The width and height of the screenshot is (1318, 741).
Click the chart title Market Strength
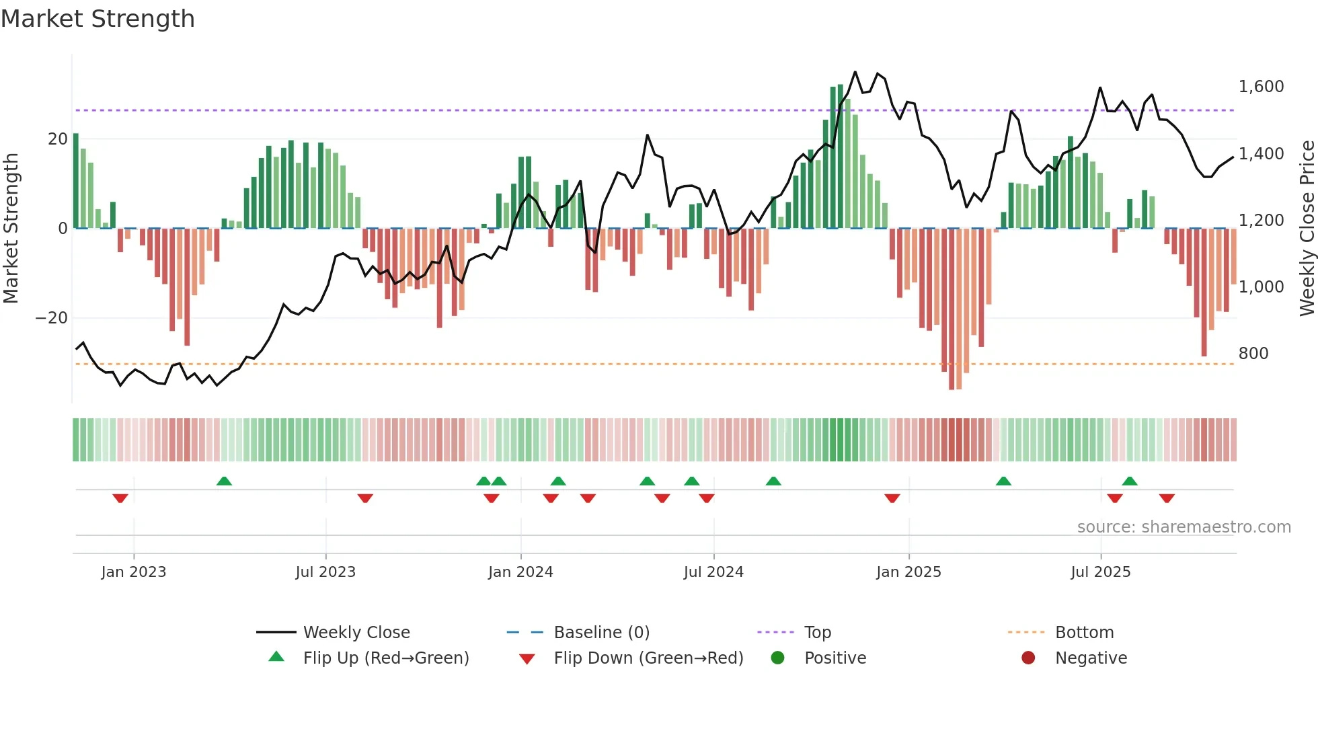click(98, 19)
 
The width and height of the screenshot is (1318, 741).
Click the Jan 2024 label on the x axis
click(520, 572)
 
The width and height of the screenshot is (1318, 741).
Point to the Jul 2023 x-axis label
click(325, 572)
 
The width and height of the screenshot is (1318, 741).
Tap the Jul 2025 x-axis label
click(1101, 572)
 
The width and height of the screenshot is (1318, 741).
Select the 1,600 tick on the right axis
click(1261, 87)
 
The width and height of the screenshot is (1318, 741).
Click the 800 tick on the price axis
click(1253, 354)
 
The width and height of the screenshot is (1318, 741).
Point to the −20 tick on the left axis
click(52, 318)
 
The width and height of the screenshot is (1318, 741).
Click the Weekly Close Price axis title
click(1307, 229)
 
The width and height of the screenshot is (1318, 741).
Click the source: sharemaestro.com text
click(1184, 527)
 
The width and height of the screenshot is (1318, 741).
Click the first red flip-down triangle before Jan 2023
click(120, 498)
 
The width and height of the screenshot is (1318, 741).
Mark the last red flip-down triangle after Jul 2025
click(1167, 498)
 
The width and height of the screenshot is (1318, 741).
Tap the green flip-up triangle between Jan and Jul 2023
click(224, 481)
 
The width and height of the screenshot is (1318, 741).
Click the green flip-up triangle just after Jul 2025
click(1130, 481)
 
